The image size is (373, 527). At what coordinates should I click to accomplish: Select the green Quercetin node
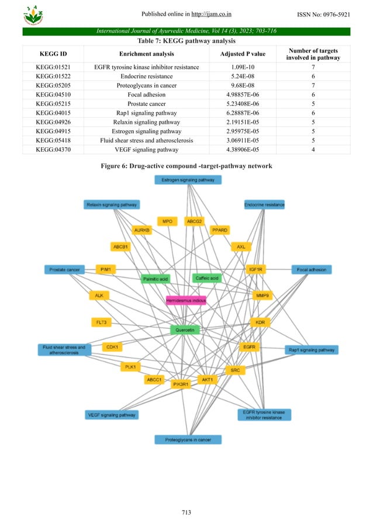[185, 330]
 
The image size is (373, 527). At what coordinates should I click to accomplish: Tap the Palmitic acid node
[156, 279]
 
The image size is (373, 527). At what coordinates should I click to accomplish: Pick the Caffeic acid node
[206, 278]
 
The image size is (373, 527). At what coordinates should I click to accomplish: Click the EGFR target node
[250, 347]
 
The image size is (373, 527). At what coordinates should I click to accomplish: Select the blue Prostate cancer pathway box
[65, 269]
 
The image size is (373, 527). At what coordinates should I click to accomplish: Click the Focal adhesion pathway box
[312, 269]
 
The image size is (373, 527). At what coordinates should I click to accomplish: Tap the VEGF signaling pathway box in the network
[112, 415]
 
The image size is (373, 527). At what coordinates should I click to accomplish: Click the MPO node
[168, 221]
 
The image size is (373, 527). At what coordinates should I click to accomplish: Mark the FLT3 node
[101, 323]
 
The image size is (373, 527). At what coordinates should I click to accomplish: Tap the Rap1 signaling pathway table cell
[147, 113]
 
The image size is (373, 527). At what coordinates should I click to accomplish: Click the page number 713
[186, 512]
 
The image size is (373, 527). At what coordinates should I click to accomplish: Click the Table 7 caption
[186, 41]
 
